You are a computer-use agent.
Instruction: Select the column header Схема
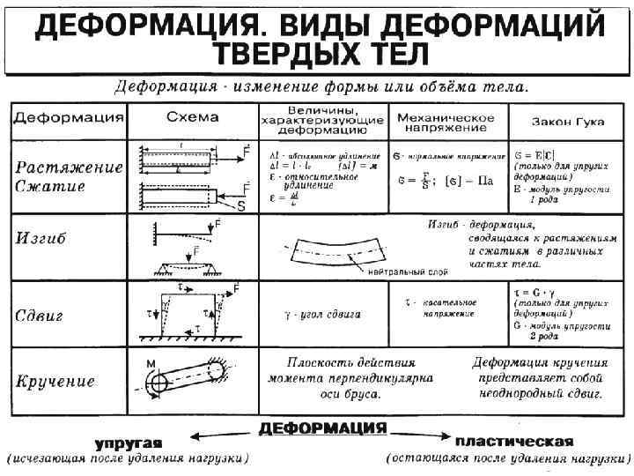click(x=190, y=117)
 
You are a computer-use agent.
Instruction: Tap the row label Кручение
click(x=56, y=382)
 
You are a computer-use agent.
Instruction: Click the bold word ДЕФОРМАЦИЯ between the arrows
click(x=322, y=428)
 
